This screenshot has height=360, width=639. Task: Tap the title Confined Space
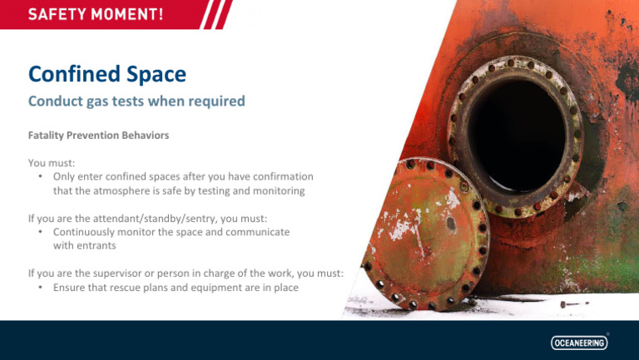coord(107,74)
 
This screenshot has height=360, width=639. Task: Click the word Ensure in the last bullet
coord(70,288)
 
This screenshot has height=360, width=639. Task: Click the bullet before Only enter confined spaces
coord(41,177)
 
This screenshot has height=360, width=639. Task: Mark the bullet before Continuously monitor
coord(41,232)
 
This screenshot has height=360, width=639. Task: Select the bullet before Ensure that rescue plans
coord(41,288)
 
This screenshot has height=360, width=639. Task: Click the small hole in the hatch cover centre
coord(451,223)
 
